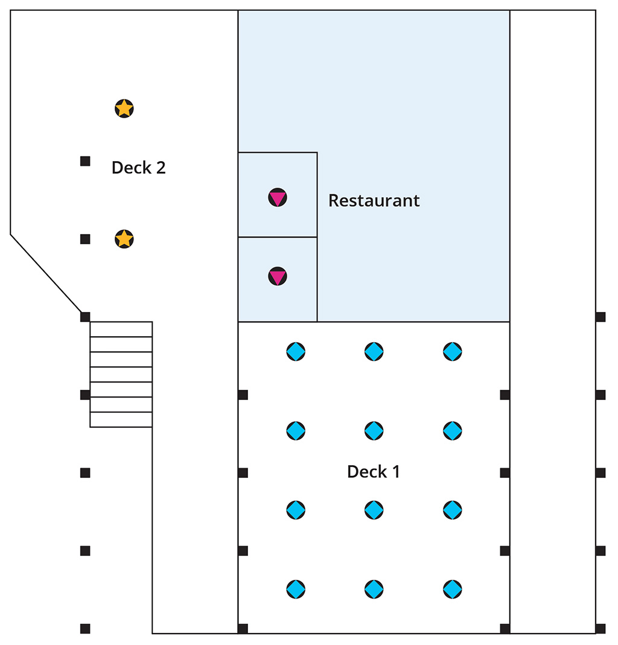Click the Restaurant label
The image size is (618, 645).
pos(374,201)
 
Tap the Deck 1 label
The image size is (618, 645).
pos(373,472)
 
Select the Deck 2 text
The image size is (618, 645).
pos(139,168)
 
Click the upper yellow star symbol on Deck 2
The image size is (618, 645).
pos(124,109)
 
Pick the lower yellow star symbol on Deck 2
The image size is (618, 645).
pos(124,239)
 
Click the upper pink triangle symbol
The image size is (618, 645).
pos(278,197)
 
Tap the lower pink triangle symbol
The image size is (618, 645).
pos(278,276)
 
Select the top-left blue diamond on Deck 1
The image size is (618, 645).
pos(296,352)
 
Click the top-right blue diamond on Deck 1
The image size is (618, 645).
pos(453,352)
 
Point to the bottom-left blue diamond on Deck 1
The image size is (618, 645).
pos(296,589)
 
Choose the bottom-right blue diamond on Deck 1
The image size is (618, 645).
pos(453,589)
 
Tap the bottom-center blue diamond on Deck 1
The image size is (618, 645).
pos(374,589)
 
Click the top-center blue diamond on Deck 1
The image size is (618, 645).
pos(374,352)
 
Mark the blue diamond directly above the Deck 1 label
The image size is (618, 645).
pos(374,431)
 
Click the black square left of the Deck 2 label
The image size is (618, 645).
pos(85,161)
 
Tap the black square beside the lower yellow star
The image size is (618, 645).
pos(85,239)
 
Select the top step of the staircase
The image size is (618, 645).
pos(121,329)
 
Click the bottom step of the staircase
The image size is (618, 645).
pos(121,419)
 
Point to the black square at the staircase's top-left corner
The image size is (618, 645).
pos(85,317)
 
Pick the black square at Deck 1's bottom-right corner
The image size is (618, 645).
pos(505,629)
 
